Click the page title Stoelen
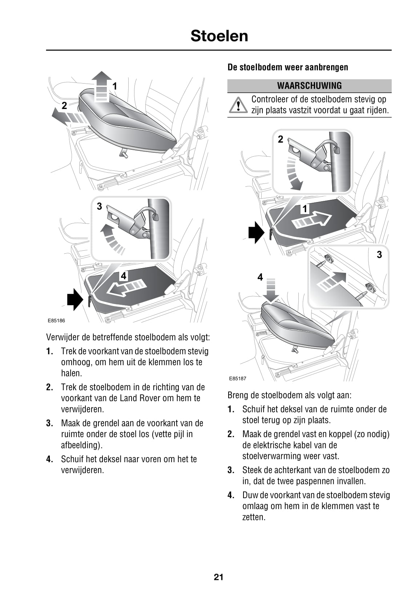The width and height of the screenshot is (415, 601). tap(219, 36)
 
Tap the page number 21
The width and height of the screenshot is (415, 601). tap(218, 577)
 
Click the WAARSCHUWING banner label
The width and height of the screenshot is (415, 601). tap(309, 86)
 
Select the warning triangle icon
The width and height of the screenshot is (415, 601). tap(238, 105)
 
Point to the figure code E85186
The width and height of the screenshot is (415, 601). tap(56, 320)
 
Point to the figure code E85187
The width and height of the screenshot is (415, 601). tap(238, 378)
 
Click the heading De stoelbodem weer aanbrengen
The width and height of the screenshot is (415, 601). tap(288, 67)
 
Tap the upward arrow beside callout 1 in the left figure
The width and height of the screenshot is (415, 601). tap(102, 86)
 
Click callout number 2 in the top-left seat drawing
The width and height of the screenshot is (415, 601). tap(64, 106)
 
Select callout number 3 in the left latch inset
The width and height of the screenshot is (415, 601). tap(99, 206)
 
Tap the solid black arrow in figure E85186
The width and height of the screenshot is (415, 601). tap(75, 299)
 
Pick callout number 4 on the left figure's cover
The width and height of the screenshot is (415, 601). tap(124, 276)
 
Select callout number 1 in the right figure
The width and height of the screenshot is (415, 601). tap(305, 209)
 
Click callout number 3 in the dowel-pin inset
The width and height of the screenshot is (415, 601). tap(379, 254)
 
